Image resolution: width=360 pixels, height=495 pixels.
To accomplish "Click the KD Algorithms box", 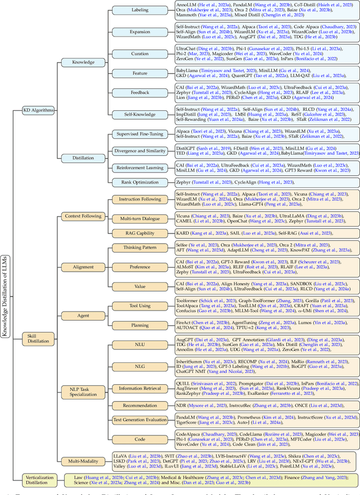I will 38,110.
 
